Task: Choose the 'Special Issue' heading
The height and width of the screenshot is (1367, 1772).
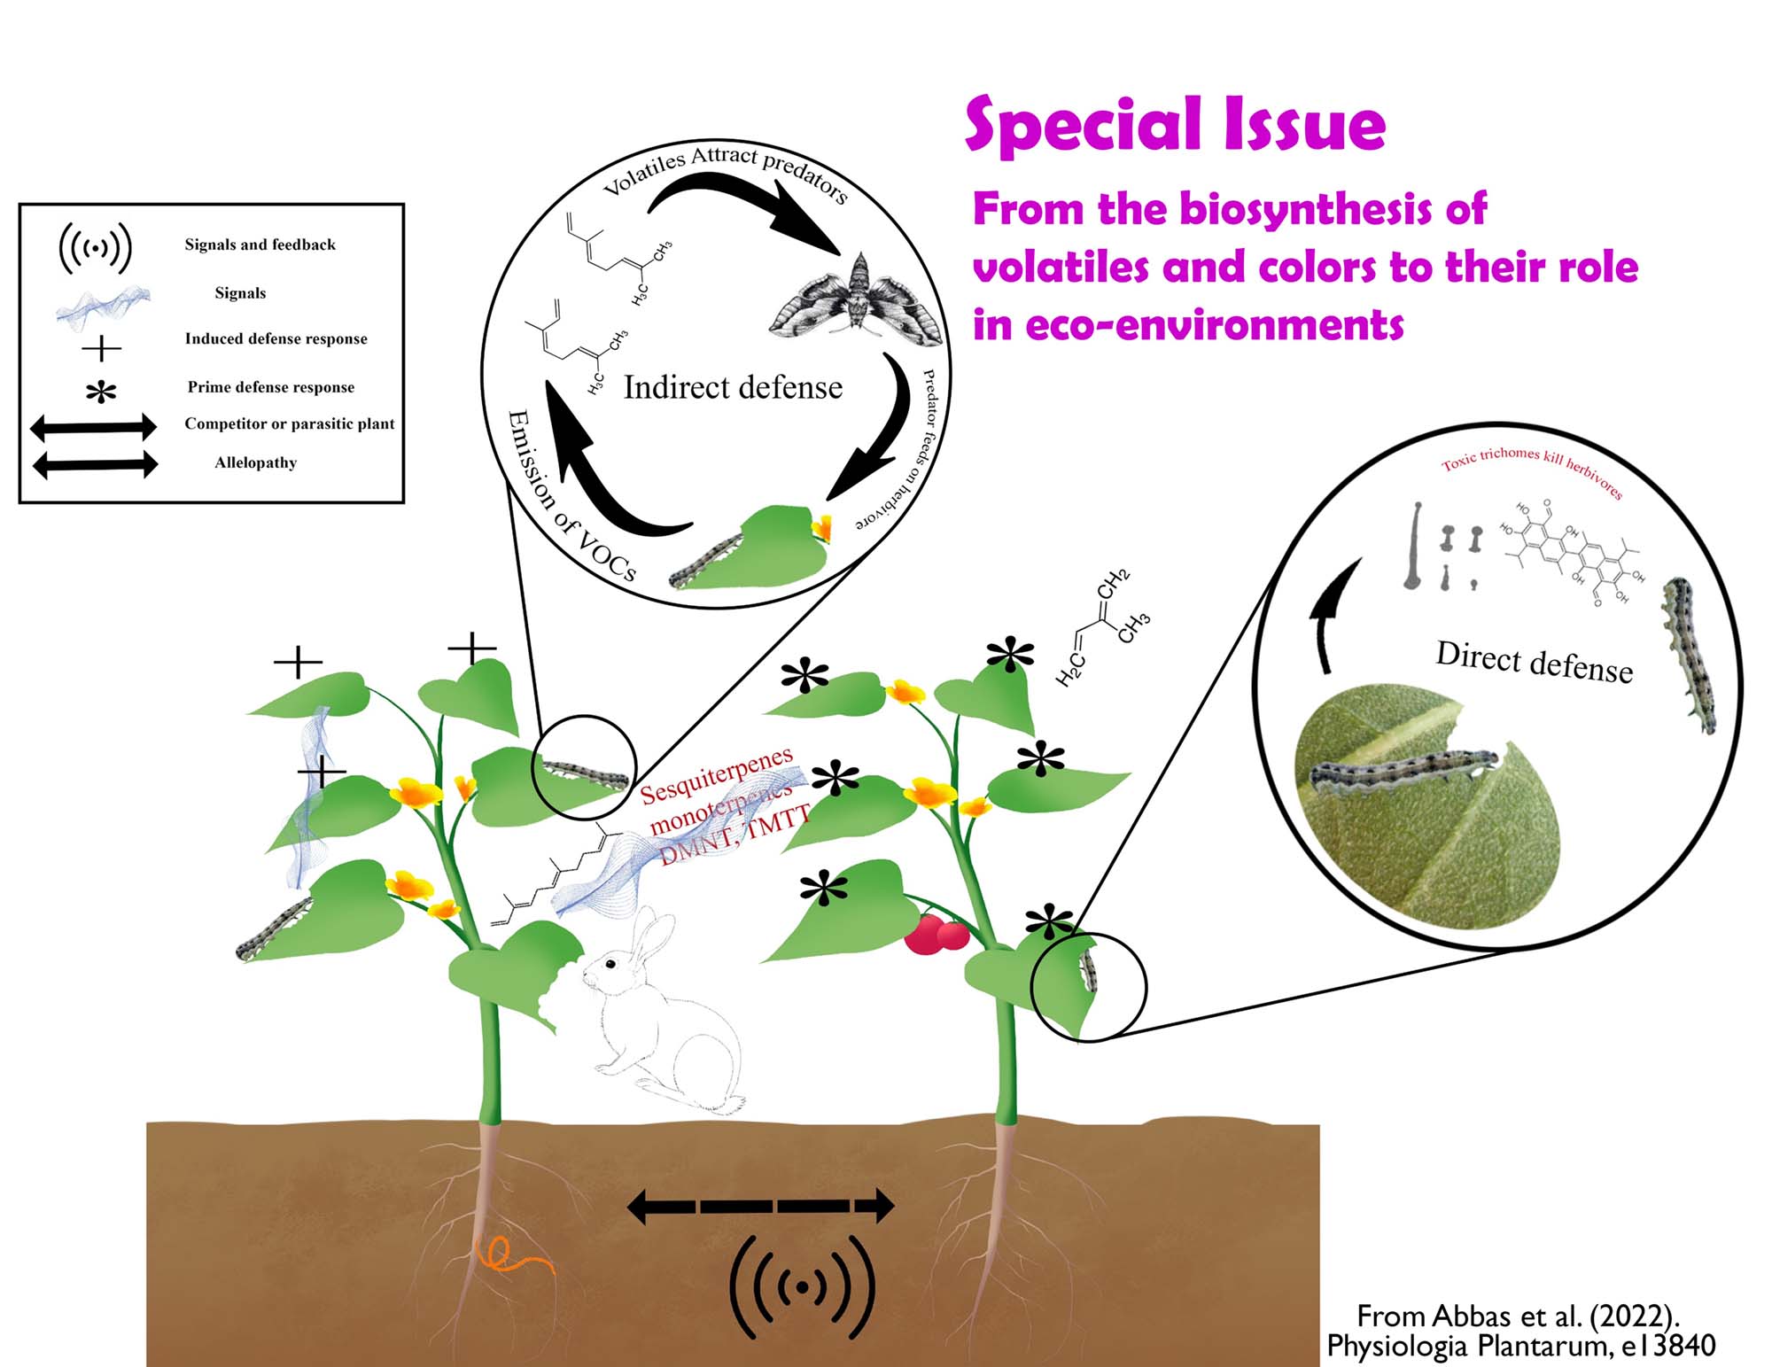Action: (1175, 126)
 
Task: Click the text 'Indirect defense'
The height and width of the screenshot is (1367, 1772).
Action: (733, 387)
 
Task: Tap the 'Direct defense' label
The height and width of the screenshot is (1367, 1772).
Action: (1534, 662)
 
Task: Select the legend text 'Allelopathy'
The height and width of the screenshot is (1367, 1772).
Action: (255, 462)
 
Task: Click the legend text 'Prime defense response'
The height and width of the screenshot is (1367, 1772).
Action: (270, 387)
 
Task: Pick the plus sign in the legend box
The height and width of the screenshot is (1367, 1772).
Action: (101, 348)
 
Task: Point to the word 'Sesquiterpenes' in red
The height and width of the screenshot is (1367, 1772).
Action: (716, 776)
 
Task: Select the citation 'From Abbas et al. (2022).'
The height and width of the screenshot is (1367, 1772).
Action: (1518, 1317)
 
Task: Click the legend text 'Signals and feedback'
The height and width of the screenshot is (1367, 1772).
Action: (260, 245)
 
